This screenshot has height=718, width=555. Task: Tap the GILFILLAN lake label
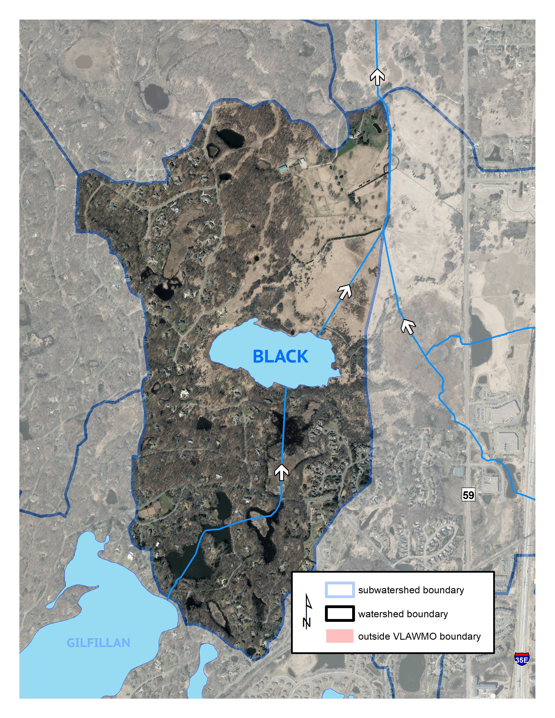tap(98, 643)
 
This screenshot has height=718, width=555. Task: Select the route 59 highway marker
tap(468, 495)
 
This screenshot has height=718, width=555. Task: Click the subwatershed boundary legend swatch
tap(340, 590)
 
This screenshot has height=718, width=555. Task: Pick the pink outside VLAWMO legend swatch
tap(340, 636)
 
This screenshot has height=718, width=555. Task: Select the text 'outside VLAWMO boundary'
tap(419, 636)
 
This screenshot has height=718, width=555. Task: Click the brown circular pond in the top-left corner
tap(83, 62)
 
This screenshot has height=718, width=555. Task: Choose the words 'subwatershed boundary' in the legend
tap(411, 590)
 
